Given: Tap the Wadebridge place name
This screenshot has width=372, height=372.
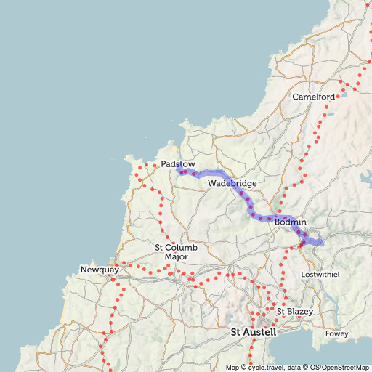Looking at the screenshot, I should point(232,184).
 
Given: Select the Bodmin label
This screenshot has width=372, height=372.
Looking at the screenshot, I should point(291,222).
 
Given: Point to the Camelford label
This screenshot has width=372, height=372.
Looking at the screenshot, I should point(313,97).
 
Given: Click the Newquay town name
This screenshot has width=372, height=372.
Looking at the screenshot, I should point(99,270).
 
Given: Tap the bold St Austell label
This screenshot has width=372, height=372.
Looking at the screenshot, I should point(254,332).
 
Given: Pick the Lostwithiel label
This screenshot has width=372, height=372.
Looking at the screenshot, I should point(320,274).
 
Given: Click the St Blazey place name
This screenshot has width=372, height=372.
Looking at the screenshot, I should point(294,312).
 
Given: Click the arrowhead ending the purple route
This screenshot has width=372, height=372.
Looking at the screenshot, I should point(318,240).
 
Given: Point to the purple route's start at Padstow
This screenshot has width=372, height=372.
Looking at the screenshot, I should point(179,171).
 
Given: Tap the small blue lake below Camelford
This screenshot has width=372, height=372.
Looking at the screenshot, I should point(331,114).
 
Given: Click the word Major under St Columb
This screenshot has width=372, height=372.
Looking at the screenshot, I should point(171,257).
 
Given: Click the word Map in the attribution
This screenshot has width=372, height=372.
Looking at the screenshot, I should point(232,367).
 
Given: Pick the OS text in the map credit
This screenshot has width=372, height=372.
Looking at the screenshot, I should point(309,367).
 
